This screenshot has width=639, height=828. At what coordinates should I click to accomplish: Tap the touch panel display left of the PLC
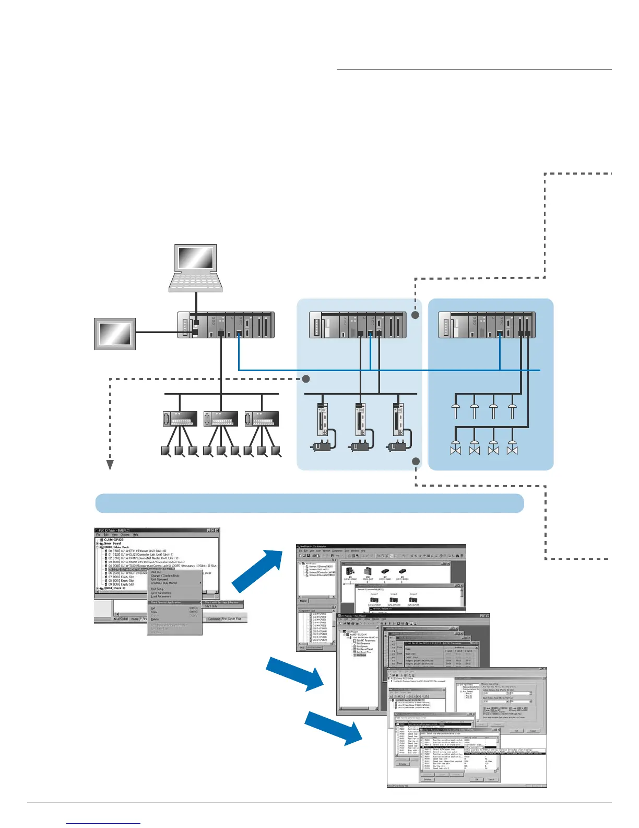(115, 333)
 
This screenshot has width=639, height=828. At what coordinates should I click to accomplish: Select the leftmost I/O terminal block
(180, 419)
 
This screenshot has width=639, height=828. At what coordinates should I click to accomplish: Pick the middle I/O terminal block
(221, 419)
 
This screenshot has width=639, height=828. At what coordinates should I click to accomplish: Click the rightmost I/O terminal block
(262, 419)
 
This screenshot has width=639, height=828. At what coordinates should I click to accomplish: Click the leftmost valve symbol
(456, 448)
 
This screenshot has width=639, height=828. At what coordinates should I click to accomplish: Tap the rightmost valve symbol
(512, 448)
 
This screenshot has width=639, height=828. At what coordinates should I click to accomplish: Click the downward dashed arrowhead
(110, 465)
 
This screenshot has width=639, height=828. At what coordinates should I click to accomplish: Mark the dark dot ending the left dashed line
(306, 378)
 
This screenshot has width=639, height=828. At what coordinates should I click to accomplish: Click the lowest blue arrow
(334, 728)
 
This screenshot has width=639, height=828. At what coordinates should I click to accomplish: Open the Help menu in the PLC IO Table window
(136, 535)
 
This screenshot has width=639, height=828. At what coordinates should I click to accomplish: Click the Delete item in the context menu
(155, 619)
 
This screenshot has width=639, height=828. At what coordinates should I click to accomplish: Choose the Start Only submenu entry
(211, 606)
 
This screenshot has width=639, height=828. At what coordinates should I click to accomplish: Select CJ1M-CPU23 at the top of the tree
(114, 539)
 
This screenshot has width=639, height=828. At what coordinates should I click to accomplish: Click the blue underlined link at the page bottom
(103, 823)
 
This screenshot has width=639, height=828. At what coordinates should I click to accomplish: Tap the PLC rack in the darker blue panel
(486, 325)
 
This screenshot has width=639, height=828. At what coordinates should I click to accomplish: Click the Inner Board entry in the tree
(113, 544)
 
